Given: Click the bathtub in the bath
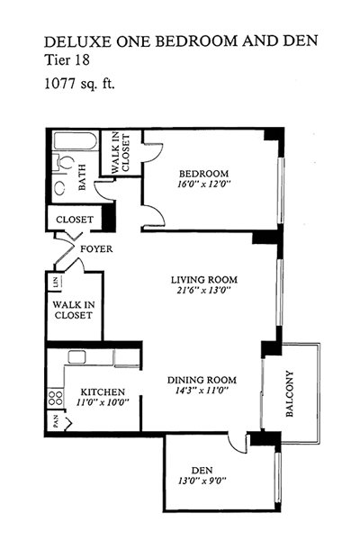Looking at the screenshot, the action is [x=74, y=140].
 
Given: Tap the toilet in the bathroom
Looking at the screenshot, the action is [x=65, y=162].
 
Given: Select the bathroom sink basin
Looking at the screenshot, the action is [x=60, y=187].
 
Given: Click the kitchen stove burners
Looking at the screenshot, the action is [x=56, y=398].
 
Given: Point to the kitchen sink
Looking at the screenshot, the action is [x=76, y=357].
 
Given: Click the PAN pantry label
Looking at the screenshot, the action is [x=56, y=422].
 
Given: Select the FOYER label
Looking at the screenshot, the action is [x=96, y=248].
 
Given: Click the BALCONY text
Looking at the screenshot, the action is [x=290, y=393].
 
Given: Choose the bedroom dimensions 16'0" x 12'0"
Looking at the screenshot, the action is [x=203, y=184].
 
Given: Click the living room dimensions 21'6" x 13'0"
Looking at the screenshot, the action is [x=203, y=290].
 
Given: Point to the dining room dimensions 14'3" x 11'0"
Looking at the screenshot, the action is [x=202, y=391].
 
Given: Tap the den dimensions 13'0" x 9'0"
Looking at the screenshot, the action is [x=202, y=481].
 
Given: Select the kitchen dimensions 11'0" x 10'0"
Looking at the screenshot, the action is [x=103, y=402].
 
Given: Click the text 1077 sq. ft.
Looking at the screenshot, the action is [x=79, y=84].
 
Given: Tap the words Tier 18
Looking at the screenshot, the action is [x=67, y=60].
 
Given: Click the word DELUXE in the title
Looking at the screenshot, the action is [x=78, y=41].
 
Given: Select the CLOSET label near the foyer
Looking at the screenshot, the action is [x=75, y=220].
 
